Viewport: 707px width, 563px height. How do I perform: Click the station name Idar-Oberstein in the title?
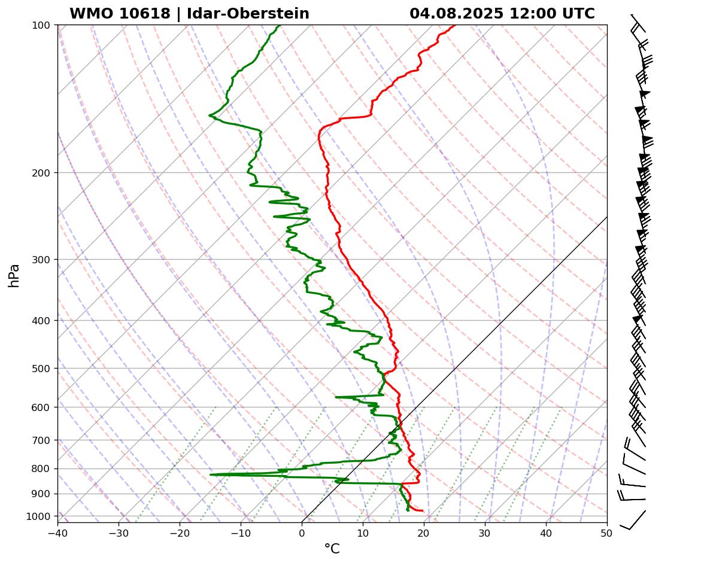tap(248, 14)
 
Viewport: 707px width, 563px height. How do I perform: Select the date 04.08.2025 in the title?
tap(456, 14)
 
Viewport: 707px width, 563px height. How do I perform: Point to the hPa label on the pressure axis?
tap(14, 275)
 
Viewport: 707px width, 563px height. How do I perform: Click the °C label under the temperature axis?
tap(332, 549)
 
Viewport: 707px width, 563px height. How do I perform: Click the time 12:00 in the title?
tap(528, 14)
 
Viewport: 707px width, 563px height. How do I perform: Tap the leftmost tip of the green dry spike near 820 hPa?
tap(210, 474)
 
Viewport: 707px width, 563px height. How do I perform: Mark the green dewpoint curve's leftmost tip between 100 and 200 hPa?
tap(209, 115)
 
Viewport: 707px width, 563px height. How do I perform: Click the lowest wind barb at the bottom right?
tap(633, 519)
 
